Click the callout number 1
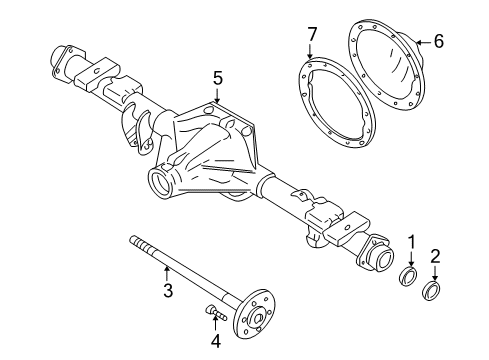410,241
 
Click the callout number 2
435,256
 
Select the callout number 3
167,292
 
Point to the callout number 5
216,76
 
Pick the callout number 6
437,42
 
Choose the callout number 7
311,37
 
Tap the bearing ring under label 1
409,275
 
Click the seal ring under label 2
434,290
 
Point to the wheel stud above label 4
214,313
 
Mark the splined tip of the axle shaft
136,241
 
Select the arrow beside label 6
422,42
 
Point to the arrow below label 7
311,55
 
